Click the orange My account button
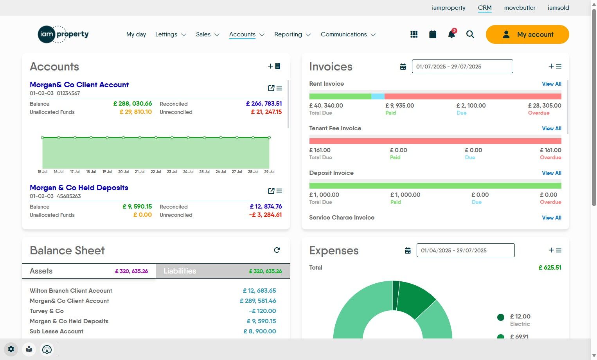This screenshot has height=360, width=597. [527, 34]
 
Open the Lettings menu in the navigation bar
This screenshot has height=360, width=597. [170, 34]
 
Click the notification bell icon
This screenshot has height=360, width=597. [451, 34]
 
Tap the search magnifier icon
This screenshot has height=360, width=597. [470, 34]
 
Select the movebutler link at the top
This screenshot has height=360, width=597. [520, 7]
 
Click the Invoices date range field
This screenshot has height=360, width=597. [462, 67]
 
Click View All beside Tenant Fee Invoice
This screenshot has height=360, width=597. [551, 128]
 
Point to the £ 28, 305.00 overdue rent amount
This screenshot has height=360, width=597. [544, 106]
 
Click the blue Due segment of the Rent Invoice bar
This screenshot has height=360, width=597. [378, 96]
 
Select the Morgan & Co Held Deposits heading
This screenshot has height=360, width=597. [79, 187]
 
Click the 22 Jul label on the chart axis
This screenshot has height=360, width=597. [156, 172]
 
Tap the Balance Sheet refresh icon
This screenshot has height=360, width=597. [277, 250]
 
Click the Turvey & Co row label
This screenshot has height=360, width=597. [47, 311]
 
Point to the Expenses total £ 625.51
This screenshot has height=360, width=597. [550, 268]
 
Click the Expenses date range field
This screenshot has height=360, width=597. [465, 250]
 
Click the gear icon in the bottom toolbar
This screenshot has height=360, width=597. [11, 349]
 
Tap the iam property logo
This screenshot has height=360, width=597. [63, 34]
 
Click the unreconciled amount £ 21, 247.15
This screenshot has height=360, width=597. [266, 112]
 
